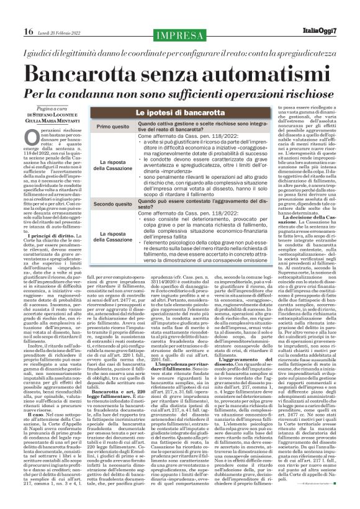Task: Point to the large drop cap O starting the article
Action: [33, 137]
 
